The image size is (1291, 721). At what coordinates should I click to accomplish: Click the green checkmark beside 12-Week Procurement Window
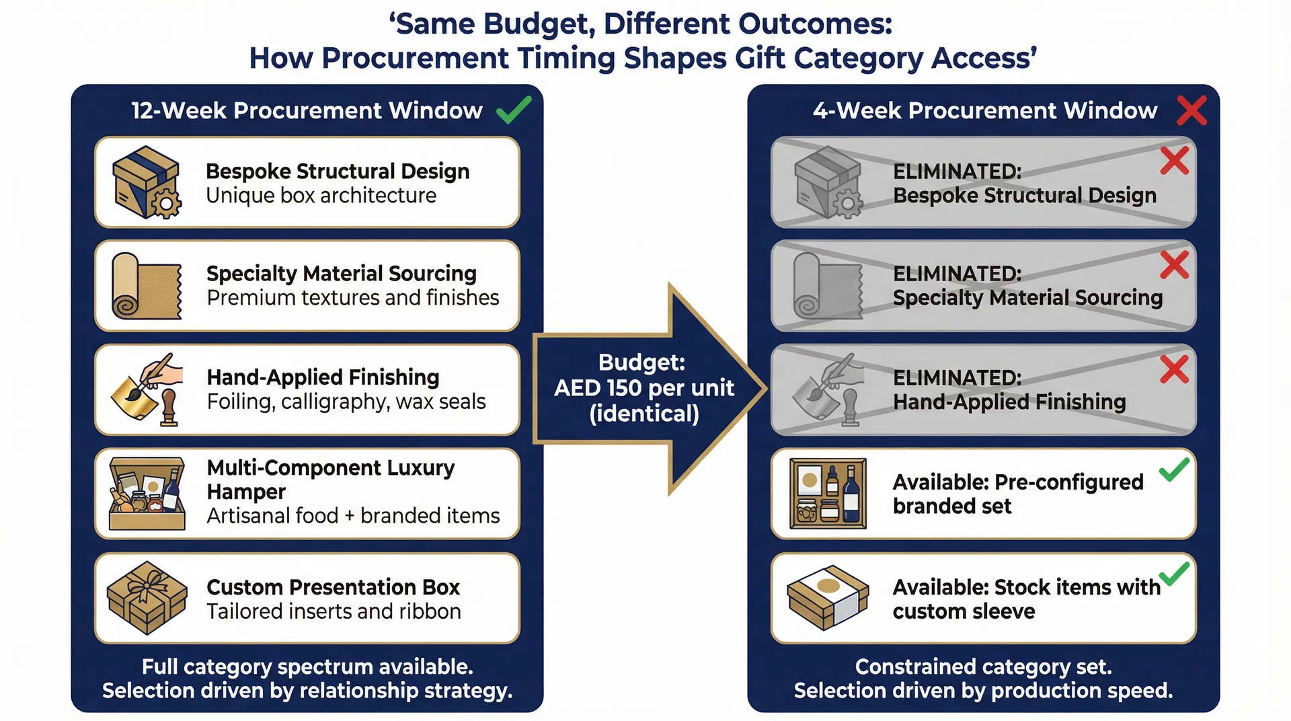point(514,110)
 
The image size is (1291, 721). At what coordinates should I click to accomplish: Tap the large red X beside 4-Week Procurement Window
point(1191,110)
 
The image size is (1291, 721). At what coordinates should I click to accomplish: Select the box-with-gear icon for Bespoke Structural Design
point(146,182)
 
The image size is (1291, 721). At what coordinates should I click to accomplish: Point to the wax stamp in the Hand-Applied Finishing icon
point(169,408)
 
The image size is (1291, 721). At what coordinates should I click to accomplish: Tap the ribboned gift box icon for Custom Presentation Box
point(147,598)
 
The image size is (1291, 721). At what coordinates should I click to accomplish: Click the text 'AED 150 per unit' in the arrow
point(643,388)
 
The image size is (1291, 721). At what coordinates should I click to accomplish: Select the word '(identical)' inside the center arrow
point(643,414)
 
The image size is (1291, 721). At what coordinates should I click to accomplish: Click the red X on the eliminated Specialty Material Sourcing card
point(1174,265)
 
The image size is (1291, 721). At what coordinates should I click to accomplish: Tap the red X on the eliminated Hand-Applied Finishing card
point(1174,369)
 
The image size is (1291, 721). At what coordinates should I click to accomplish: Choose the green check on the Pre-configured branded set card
point(1174,469)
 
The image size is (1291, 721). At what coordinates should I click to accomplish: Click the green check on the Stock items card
point(1174,574)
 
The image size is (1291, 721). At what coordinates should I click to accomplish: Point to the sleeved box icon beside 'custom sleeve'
point(828,597)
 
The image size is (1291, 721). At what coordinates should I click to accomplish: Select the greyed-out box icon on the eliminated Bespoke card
point(828,182)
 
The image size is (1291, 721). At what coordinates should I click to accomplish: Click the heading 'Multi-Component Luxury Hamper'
point(330,479)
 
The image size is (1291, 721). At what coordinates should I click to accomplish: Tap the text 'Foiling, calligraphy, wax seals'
point(346,402)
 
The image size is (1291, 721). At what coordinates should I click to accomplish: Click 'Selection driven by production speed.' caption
point(983,691)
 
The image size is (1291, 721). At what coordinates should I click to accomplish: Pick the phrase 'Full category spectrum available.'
point(307,667)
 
